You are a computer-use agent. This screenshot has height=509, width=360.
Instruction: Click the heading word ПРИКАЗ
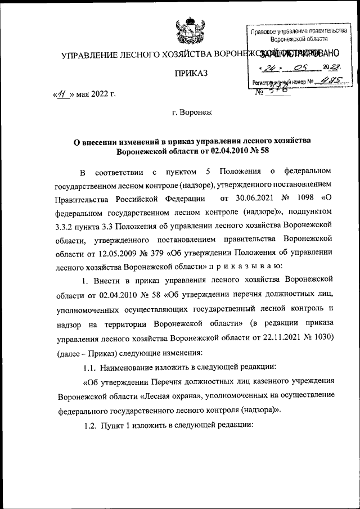point(191,74)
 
